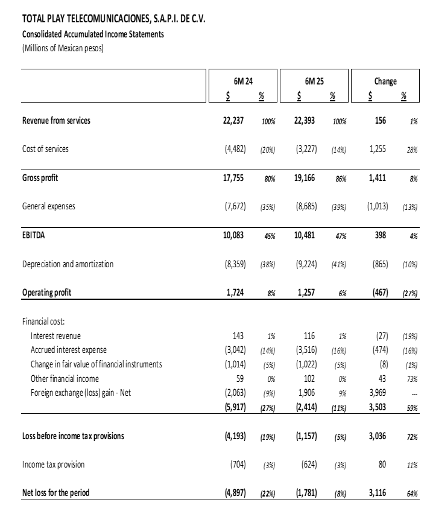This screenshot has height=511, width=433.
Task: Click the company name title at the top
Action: pyautogui.click(x=113, y=19)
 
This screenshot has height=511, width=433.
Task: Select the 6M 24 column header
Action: pyautogui.click(x=246, y=81)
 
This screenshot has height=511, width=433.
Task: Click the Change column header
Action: pyautogui.click(x=385, y=81)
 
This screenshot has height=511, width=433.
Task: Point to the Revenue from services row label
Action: pyautogui.click(x=56, y=121)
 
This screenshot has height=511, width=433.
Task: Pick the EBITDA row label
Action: pyautogui.click(x=34, y=235)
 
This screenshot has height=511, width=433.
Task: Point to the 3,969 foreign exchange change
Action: pyautogui.click(x=380, y=393)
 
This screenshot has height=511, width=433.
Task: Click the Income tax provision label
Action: pyautogui.click(x=54, y=465)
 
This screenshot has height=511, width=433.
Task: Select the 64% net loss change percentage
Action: pyautogui.click(x=412, y=494)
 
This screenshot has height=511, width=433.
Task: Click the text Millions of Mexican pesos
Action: pyautogui.click(x=63, y=48)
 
